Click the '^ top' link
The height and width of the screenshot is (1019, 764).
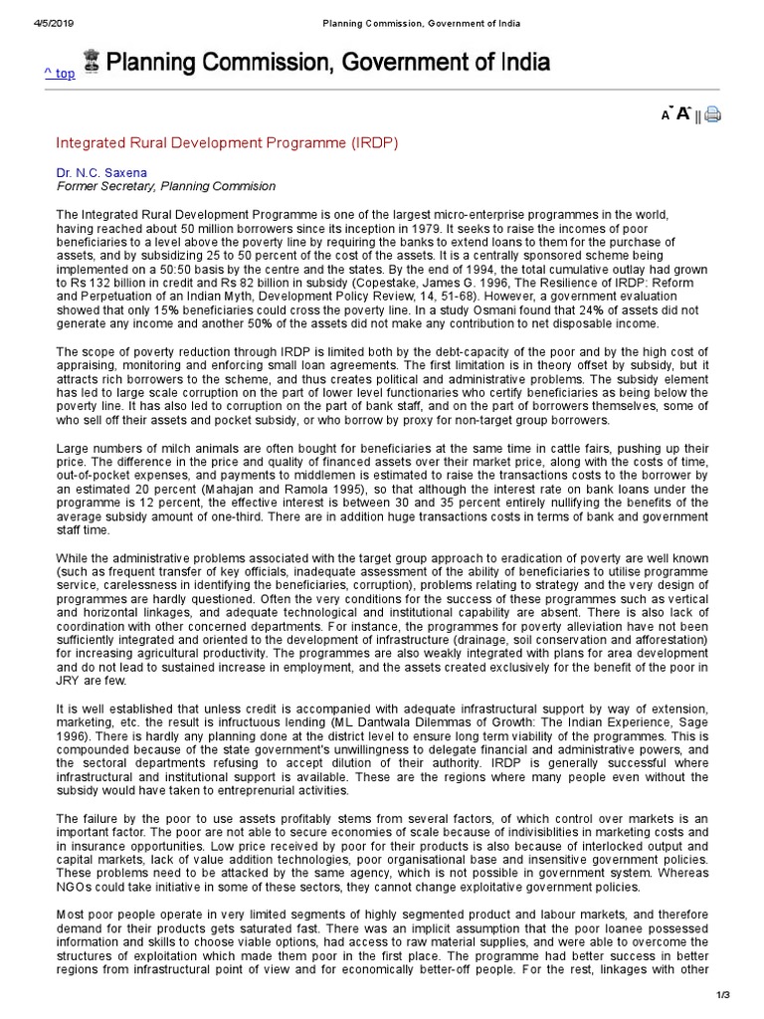click(59, 74)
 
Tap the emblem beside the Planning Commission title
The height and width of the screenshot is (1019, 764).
click(93, 64)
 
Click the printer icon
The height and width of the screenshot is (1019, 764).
click(712, 114)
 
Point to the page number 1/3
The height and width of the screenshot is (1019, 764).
click(723, 995)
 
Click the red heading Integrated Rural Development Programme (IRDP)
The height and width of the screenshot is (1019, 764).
click(227, 143)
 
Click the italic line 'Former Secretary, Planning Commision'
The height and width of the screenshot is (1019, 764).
click(166, 186)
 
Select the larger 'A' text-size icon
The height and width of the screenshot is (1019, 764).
click(683, 113)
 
